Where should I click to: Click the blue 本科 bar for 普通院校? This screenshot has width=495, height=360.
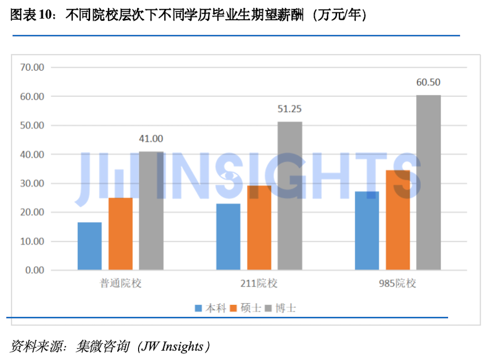click(90, 246)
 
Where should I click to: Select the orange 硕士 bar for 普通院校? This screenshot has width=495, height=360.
click(120, 234)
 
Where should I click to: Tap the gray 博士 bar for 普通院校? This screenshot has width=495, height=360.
click(151, 211)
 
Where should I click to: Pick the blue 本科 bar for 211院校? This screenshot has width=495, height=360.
click(228, 237)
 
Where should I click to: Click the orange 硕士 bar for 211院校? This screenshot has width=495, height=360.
click(259, 228)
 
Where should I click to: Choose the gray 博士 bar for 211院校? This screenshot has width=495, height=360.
click(290, 196)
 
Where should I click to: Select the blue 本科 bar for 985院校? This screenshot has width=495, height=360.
click(367, 231)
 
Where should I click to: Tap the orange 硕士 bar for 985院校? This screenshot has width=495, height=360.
click(397, 220)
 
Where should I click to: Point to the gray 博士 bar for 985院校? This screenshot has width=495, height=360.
click(428, 182)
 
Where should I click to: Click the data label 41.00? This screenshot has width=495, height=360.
click(151, 139)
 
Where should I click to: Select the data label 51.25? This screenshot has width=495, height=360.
click(290, 109)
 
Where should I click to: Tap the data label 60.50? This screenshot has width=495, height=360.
click(428, 83)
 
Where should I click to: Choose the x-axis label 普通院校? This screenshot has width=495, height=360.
click(120, 284)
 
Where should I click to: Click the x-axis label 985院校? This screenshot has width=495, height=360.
click(397, 284)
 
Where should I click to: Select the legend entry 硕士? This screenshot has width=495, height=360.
click(245, 308)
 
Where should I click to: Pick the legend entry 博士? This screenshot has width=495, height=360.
click(280, 308)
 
